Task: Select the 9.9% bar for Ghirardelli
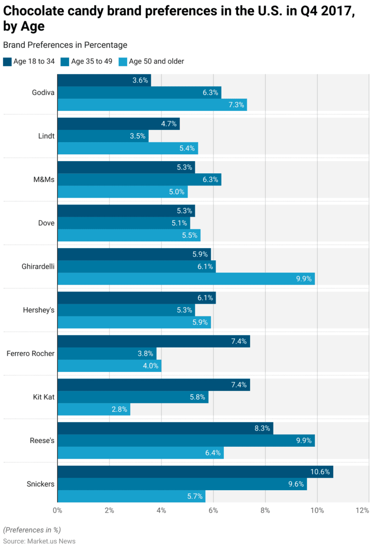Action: [x=186, y=278]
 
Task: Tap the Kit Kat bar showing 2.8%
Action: [x=94, y=409]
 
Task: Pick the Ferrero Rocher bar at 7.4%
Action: [x=153, y=341]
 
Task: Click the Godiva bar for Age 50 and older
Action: [x=152, y=105]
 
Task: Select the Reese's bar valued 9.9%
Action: [x=186, y=440]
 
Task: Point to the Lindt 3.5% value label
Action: [x=137, y=136]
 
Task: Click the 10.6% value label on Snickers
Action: [x=320, y=472]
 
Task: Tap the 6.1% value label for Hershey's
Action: [x=205, y=298]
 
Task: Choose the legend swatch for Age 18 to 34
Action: [x=7, y=62]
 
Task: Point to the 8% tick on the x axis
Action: [x=265, y=511]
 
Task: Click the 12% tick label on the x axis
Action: [x=362, y=511]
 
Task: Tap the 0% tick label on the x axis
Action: [x=57, y=511]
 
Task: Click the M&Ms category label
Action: [x=44, y=180]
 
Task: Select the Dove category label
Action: [x=46, y=223]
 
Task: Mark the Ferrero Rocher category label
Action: [x=30, y=353]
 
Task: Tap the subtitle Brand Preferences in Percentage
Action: [x=65, y=45]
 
